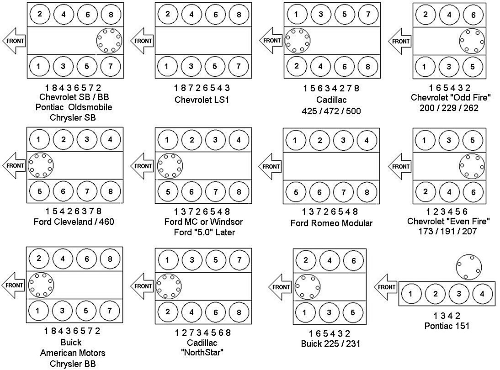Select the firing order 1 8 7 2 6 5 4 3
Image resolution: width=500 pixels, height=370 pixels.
click(202, 88)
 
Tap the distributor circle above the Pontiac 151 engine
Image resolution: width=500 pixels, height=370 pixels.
click(469, 267)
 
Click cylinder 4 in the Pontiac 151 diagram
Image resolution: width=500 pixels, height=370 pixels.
click(482, 294)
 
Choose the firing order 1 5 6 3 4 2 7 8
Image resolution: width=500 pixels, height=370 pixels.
click(331, 88)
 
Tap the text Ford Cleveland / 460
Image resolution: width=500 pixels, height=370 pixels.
click(74, 222)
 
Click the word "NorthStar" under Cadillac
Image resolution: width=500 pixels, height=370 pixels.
click(202, 352)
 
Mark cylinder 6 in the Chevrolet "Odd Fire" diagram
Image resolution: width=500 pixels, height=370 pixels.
click(473, 15)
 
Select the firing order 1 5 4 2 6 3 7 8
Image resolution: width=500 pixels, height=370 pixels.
click(73, 211)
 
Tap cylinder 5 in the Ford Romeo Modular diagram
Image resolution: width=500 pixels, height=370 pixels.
click(296, 193)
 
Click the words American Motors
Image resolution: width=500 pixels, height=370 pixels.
click(73, 353)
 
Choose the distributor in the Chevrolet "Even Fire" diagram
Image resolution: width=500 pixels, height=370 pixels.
click(472, 166)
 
